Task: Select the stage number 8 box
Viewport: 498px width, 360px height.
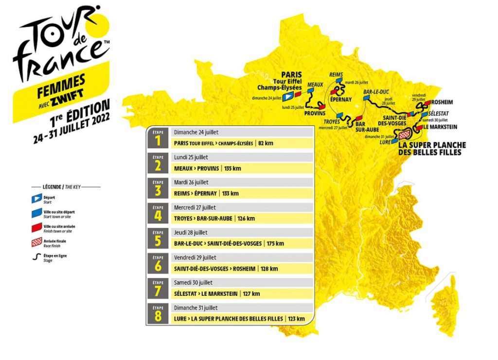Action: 158,314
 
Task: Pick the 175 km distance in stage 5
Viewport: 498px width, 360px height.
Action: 274,243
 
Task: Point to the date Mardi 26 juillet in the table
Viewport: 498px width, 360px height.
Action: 191,182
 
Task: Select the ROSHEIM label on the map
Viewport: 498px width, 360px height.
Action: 443,102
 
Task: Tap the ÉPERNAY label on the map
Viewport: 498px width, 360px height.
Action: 341,100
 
